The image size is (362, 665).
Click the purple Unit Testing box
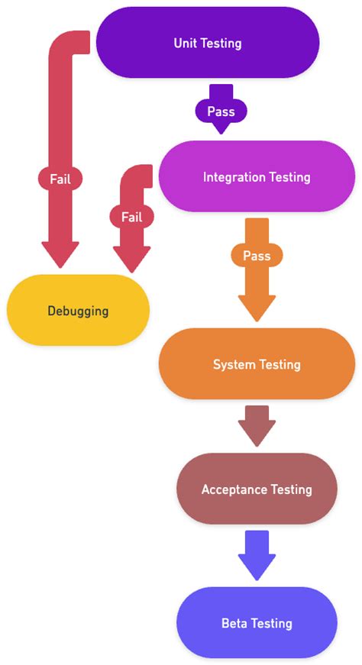click(x=207, y=43)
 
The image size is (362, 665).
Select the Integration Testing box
click(x=257, y=177)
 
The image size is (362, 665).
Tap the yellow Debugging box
click(x=78, y=311)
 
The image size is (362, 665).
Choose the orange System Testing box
click(x=257, y=364)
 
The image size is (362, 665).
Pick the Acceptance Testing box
click(x=257, y=489)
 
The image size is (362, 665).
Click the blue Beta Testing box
click(x=257, y=623)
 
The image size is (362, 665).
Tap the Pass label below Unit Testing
click(x=221, y=111)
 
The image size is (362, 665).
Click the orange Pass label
click(x=257, y=256)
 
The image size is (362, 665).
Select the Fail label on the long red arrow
click(x=60, y=179)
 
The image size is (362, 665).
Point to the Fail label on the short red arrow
click(x=131, y=217)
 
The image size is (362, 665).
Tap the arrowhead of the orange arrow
click(x=257, y=307)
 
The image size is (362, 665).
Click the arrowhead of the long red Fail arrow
click(x=60, y=254)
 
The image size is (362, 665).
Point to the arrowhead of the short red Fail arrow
click(x=131, y=258)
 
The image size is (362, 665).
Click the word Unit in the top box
click(x=185, y=44)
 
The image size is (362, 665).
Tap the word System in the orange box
click(x=234, y=364)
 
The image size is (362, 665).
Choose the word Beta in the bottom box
click(x=234, y=623)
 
